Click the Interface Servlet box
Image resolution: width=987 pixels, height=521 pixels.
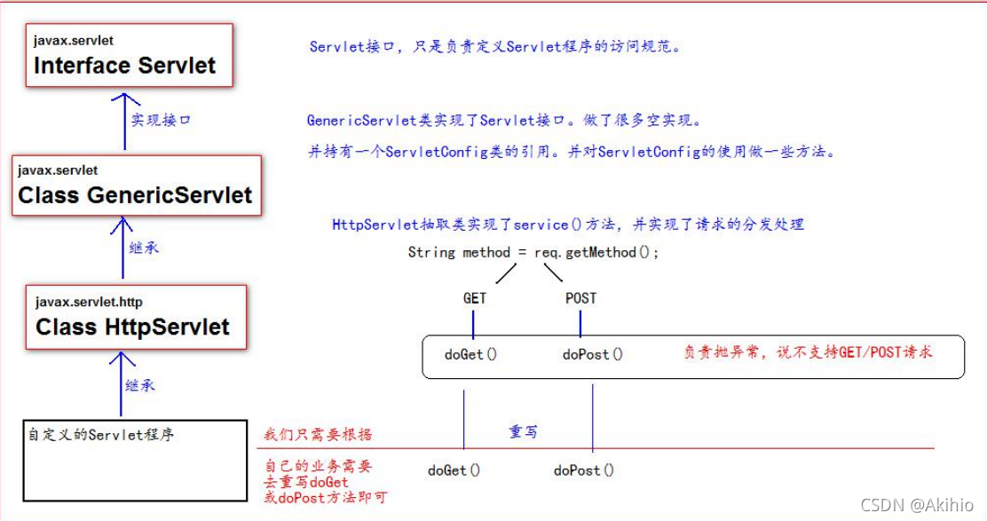pyautogui.click(x=130, y=55)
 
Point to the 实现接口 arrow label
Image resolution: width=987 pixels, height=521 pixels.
pyautogui.click(x=161, y=120)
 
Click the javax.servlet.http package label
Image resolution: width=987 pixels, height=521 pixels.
pyautogui.click(x=89, y=302)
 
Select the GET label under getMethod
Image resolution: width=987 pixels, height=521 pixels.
pyautogui.click(x=475, y=298)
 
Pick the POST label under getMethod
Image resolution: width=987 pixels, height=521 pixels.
pyautogui.click(x=580, y=298)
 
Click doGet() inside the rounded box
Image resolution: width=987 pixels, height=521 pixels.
pyautogui.click(x=470, y=354)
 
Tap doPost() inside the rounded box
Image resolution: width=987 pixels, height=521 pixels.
pyautogui.click(x=593, y=354)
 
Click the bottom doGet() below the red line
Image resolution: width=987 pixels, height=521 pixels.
pyautogui.click(x=454, y=470)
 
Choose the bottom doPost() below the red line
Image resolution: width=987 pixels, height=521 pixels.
pyautogui.click(x=583, y=470)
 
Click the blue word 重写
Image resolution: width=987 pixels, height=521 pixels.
pyautogui.click(x=523, y=431)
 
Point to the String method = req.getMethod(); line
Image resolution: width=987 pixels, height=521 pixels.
pyautogui.click(x=534, y=252)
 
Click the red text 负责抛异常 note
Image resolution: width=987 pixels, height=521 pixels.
pyautogui.click(x=808, y=351)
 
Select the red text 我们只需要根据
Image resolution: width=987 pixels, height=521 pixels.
pyautogui.click(x=318, y=435)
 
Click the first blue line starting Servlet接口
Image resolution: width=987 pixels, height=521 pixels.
pyautogui.click(x=495, y=47)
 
